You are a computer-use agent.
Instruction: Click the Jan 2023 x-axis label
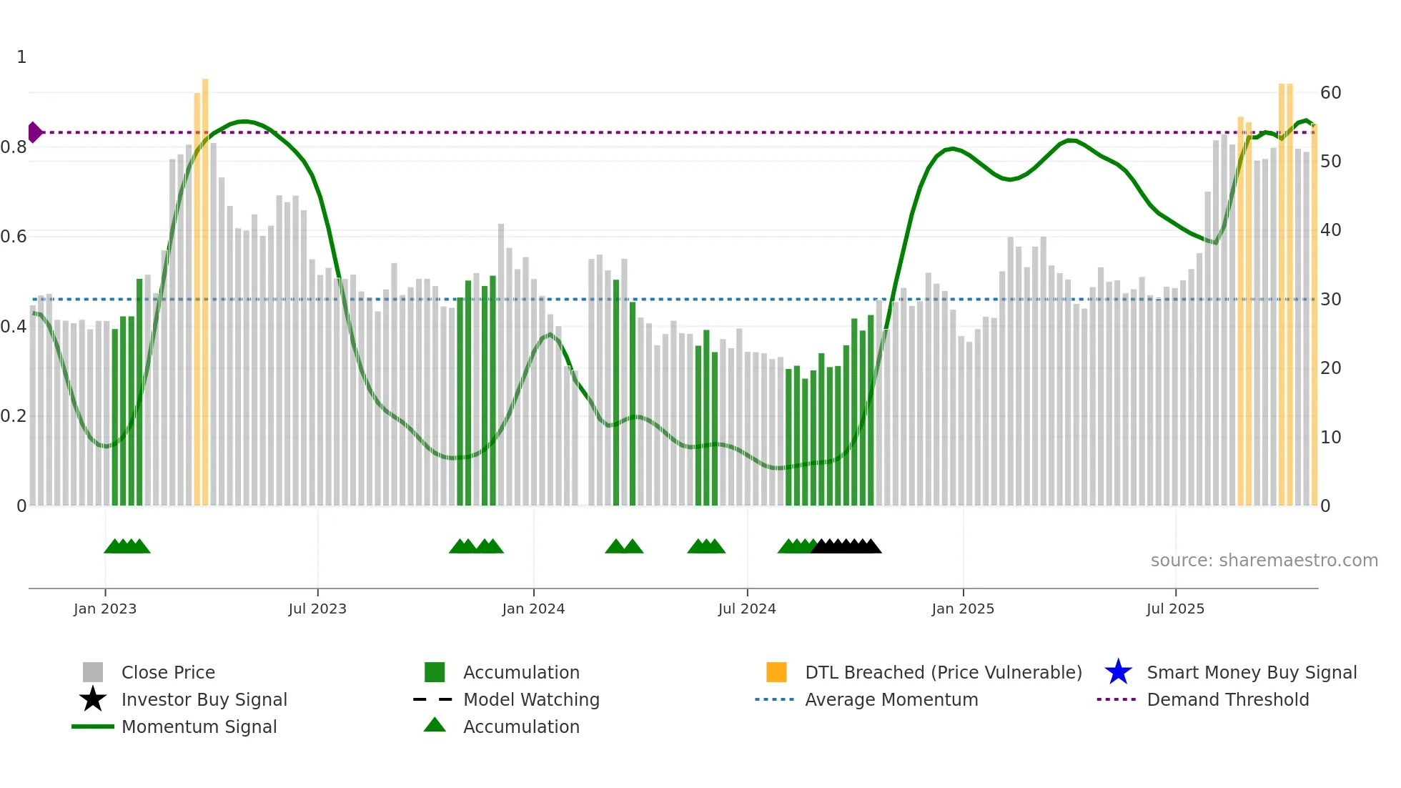(x=104, y=609)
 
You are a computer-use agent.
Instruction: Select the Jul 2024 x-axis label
(x=747, y=609)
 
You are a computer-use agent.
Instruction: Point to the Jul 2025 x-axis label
(x=1175, y=609)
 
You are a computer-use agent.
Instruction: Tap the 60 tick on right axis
(x=1330, y=93)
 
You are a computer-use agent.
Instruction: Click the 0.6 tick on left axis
(x=14, y=237)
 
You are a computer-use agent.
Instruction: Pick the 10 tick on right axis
(x=1330, y=438)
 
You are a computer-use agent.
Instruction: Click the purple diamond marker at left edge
(x=34, y=132)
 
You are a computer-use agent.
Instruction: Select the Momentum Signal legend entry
(x=199, y=727)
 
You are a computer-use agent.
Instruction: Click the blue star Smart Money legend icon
(x=1118, y=672)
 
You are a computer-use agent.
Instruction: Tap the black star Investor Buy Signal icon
(x=93, y=699)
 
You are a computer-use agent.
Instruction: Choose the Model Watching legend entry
(x=531, y=699)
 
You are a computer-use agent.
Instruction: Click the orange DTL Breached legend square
(x=776, y=672)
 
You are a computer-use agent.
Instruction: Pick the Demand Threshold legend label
(x=1227, y=699)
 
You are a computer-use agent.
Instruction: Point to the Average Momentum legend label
(x=891, y=699)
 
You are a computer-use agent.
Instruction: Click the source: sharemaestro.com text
(x=1264, y=561)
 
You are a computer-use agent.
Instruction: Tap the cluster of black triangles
(x=846, y=546)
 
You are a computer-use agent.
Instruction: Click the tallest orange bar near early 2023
(x=205, y=286)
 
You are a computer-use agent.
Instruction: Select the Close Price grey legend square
(x=93, y=672)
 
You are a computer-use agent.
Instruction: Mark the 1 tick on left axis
(x=21, y=57)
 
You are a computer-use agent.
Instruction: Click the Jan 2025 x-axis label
(x=962, y=609)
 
